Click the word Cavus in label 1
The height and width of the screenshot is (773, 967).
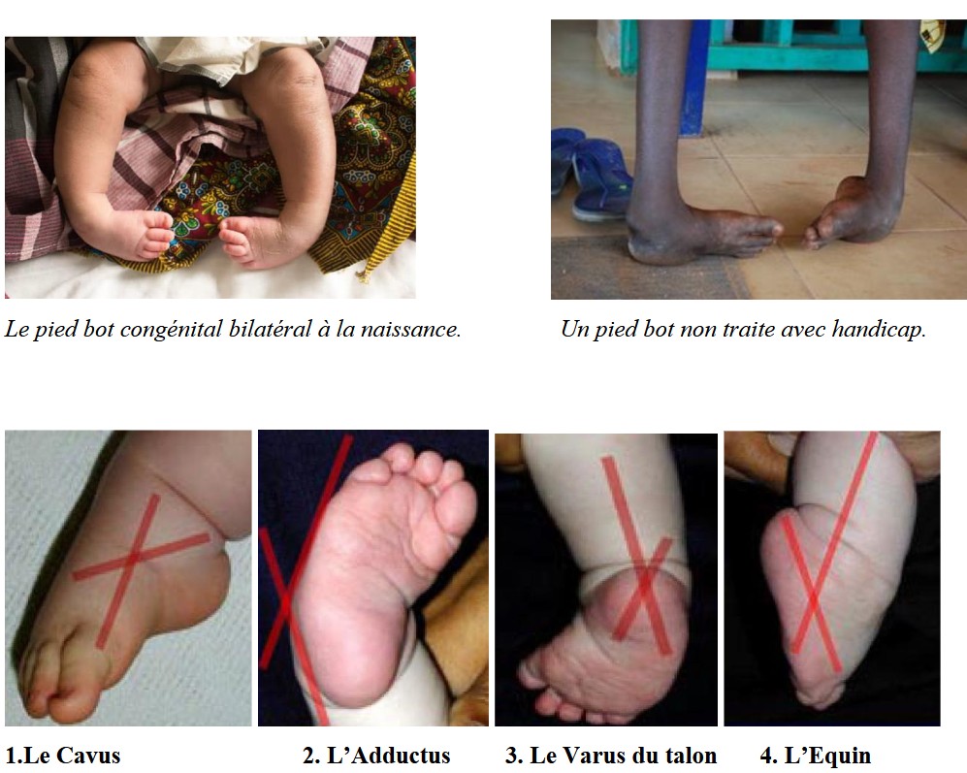point(90,756)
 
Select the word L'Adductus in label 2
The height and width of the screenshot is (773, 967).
point(389,756)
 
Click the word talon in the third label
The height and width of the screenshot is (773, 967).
point(692,756)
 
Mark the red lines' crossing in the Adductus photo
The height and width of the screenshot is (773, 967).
point(284,601)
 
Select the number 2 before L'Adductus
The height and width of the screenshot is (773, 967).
point(308,756)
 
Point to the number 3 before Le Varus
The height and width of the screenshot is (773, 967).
point(511,756)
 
